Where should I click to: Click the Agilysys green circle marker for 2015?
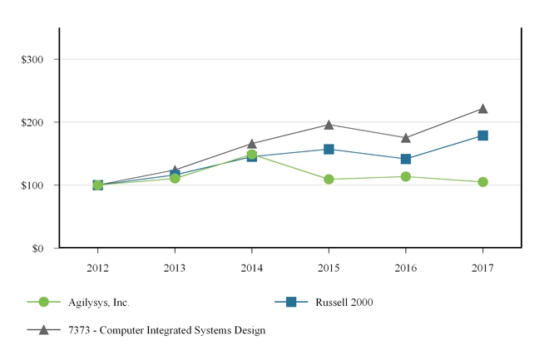(329, 179)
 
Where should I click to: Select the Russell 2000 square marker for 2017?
(482, 136)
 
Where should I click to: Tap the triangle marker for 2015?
(329, 125)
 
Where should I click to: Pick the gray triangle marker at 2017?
(482, 109)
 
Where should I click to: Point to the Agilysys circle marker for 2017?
(482, 182)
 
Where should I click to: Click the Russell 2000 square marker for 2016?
(405, 159)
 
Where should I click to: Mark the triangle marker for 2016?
(405, 138)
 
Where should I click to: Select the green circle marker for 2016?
(405, 176)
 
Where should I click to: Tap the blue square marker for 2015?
(329, 149)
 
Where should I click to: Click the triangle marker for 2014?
(251, 144)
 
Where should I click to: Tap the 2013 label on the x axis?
(175, 268)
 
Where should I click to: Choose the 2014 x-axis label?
(251, 268)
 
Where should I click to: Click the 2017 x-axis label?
(482, 268)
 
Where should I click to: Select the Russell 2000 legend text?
(344, 302)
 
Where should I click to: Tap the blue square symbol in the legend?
(291, 302)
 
